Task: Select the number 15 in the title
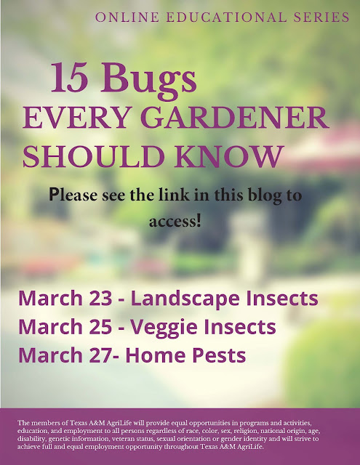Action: click(70, 78)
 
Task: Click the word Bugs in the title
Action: click(148, 81)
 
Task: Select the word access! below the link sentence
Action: click(175, 221)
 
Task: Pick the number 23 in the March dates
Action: click(100, 299)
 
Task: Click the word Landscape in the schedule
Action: click(185, 299)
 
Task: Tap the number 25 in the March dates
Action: click(100, 327)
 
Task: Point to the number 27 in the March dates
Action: click(100, 355)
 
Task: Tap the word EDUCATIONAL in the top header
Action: click(226, 17)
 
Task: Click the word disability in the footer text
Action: click(31, 439)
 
